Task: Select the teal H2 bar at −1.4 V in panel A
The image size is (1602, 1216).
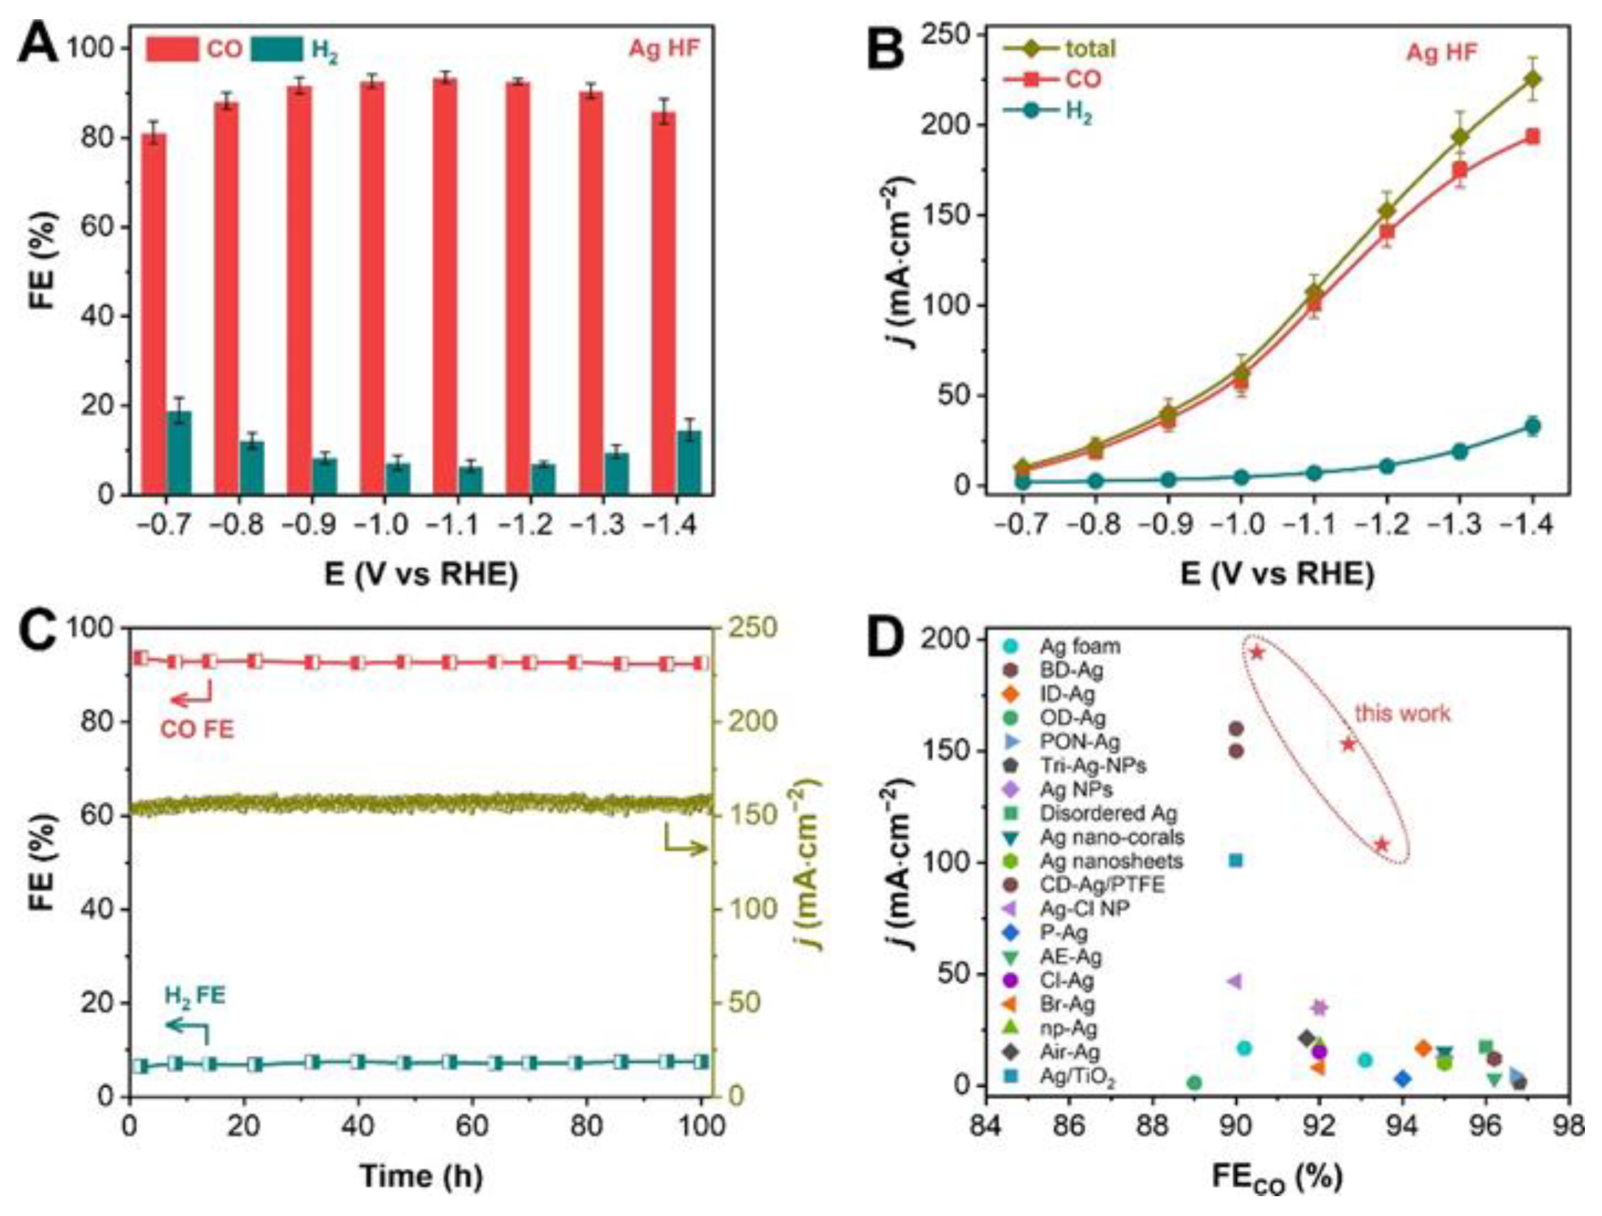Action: click(x=689, y=464)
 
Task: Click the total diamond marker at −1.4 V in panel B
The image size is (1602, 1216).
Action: click(x=1532, y=79)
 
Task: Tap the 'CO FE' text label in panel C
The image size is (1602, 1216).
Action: click(x=197, y=728)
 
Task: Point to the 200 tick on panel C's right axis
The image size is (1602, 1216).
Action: click(x=748, y=721)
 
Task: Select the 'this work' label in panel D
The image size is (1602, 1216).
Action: click(x=1403, y=714)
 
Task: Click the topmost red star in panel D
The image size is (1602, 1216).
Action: click(x=1257, y=653)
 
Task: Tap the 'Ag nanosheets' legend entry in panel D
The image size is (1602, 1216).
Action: click(x=1111, y=861)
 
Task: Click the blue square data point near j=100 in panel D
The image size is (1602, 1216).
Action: click(x=1236, y=861)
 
